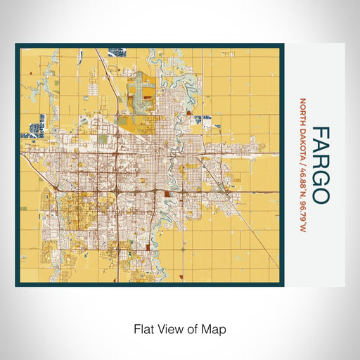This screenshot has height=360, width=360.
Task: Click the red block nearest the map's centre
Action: (x=167, y=192)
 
